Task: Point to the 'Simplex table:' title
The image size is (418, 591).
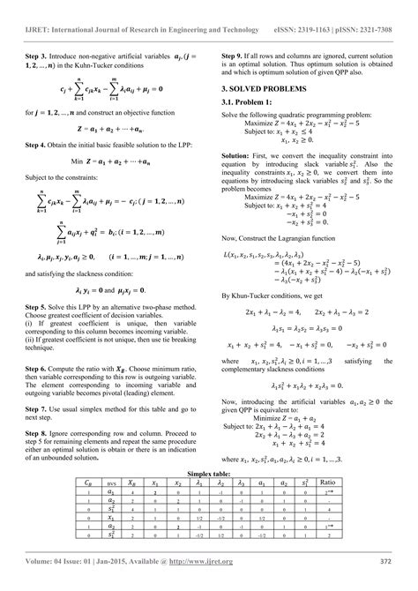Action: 209,474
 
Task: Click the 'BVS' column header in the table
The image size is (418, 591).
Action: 86,484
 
